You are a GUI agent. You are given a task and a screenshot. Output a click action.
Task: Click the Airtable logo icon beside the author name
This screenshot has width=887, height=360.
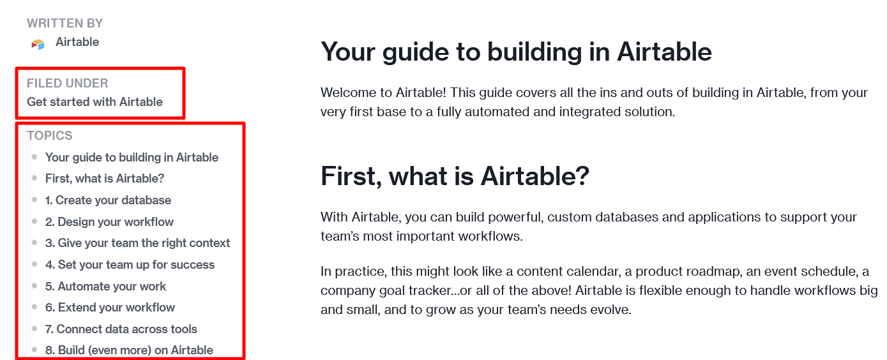(38, 43)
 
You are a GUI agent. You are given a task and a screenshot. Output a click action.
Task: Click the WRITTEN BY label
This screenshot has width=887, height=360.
(64, 24)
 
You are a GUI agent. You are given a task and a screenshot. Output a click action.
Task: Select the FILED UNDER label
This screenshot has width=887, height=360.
(67, 83)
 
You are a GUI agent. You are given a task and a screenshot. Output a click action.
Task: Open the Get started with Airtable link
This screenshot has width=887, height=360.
(95, 102)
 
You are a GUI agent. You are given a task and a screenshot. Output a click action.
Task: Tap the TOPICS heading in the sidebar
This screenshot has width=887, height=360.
(49, 135)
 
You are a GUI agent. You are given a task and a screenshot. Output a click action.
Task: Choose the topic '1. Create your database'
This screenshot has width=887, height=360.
(108, 200)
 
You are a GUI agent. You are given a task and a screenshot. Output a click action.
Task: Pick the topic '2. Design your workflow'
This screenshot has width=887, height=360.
(109, 222)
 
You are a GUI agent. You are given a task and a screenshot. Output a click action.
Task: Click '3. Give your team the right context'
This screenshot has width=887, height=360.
(137, 243)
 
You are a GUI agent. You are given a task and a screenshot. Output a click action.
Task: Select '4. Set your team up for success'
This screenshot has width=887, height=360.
(130, 265)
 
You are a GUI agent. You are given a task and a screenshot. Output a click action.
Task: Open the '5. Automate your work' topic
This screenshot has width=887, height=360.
(105, 287)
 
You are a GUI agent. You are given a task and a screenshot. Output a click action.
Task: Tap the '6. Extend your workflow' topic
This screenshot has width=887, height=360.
(110, 308)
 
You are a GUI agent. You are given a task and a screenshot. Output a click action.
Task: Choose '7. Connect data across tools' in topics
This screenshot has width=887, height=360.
(121, 329)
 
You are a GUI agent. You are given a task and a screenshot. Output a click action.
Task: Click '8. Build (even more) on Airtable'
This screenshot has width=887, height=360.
(129, 350)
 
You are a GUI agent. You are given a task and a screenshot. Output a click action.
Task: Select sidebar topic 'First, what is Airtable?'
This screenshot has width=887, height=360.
(105, 179)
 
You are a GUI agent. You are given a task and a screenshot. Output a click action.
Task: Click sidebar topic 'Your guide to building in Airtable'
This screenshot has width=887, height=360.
(132, 158)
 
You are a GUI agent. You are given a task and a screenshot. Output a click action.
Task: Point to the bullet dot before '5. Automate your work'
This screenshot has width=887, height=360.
(34, 286)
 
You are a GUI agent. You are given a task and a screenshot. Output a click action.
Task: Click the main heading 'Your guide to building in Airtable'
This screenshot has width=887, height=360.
(516, 52)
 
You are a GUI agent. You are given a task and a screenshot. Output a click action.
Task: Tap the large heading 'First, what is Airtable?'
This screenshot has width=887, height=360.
(455, 176)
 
